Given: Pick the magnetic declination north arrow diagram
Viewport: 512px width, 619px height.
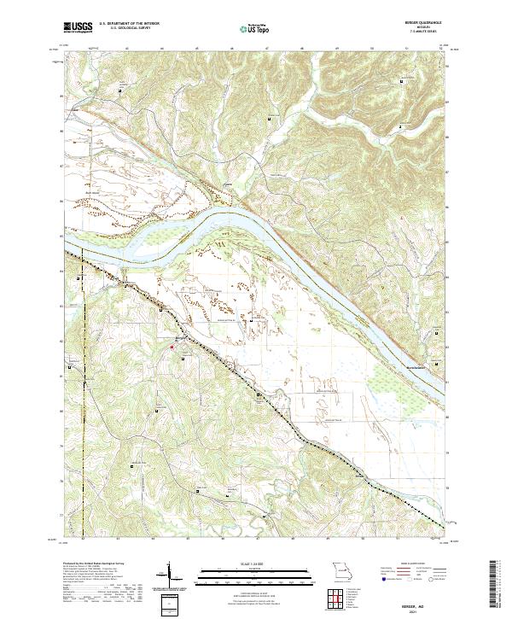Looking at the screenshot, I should click(x=170, y=576).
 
